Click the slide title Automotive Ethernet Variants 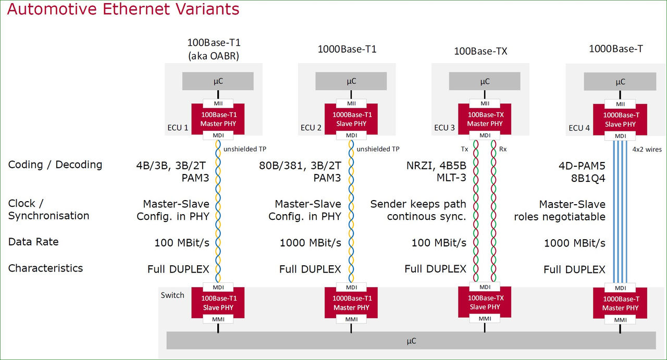tap(123, 10)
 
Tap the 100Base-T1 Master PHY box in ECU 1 tap(218, 119)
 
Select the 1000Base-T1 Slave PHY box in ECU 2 tap(351, 119)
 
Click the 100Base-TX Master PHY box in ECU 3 tap(485, 119)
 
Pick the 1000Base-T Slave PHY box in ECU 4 tap(620, 119)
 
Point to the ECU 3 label tap(444, 128)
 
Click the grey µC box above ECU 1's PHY tap(218, 81)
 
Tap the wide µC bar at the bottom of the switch tap(411, 341)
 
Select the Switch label tap(172, 295)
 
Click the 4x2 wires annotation tap(646, 150)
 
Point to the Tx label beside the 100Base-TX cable tap(464, 149)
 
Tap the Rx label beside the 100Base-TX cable tap(503, 149)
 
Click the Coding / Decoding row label tap(55, 165)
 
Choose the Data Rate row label tap(33, 242)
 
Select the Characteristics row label tap(45, 268)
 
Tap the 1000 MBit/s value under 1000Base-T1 tap(311, 243)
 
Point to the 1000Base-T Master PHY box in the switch tap(620, 303)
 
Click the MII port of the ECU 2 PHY tap(351, 104)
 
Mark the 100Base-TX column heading tap(480, 51)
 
